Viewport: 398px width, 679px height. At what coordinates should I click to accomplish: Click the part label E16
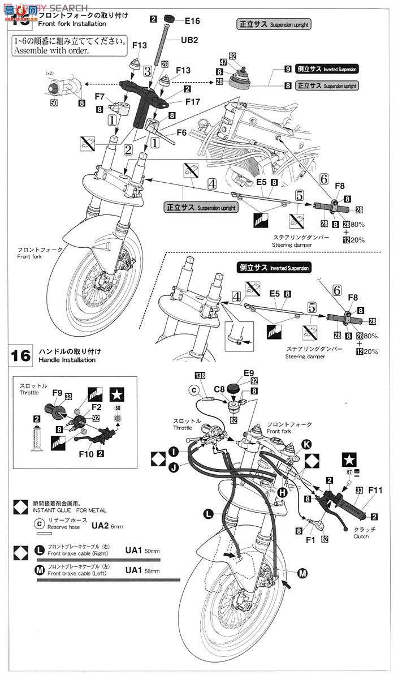pos(192,21)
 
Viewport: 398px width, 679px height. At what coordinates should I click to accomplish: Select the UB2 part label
pos(190,41)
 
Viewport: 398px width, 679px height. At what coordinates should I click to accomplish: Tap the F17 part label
pos(193,102)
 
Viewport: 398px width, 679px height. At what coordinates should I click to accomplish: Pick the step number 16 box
pos(21,356)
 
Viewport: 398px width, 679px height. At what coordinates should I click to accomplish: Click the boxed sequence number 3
pos(147,72)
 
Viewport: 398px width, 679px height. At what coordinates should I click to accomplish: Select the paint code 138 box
pos(199,376)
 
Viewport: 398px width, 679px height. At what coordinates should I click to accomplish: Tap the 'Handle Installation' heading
pos(67,360)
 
